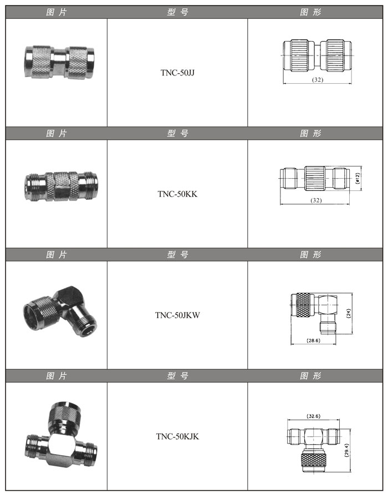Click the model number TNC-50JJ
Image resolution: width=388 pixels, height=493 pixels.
(177, 73)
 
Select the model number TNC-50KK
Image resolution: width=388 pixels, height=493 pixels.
(177, 194)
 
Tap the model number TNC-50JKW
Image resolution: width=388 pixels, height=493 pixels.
(177, 315)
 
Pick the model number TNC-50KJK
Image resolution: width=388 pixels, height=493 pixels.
(177, 436)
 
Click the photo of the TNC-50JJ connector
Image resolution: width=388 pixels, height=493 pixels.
(59, 62)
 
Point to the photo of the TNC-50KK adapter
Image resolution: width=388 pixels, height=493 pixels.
(61, 186)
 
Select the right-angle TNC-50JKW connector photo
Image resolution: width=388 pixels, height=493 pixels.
(60, 311)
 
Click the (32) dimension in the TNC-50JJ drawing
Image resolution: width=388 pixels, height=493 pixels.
(318, 79)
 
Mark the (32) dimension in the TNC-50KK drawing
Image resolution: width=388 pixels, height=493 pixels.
(316, 200)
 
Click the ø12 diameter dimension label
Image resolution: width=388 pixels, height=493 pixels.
(357, 179)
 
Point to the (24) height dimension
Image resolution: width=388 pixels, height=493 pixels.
(349, 313)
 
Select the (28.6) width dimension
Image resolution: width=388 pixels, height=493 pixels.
(313, 340)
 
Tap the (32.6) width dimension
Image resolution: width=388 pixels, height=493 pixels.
(313, 416)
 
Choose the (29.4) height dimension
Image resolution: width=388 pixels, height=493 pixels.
(346, 450)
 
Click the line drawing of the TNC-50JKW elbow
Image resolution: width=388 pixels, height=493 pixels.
(314, 315)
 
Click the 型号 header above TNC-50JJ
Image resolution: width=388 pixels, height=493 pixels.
(178, 12)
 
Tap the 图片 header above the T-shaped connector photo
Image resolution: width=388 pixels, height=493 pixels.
(57, 376)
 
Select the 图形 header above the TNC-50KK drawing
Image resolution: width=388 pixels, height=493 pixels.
(310, 133)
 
